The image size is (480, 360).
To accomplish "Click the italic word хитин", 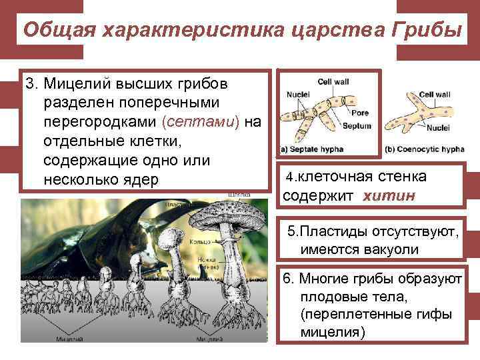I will [389, 196].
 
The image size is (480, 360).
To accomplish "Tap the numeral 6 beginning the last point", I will [287, 278].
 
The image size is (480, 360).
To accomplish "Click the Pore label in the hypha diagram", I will [359, 113].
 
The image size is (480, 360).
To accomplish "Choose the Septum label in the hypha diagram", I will [357, 125].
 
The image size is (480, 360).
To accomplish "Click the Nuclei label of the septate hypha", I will [297, 95].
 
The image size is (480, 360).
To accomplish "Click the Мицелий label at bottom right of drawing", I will [209, 339].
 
